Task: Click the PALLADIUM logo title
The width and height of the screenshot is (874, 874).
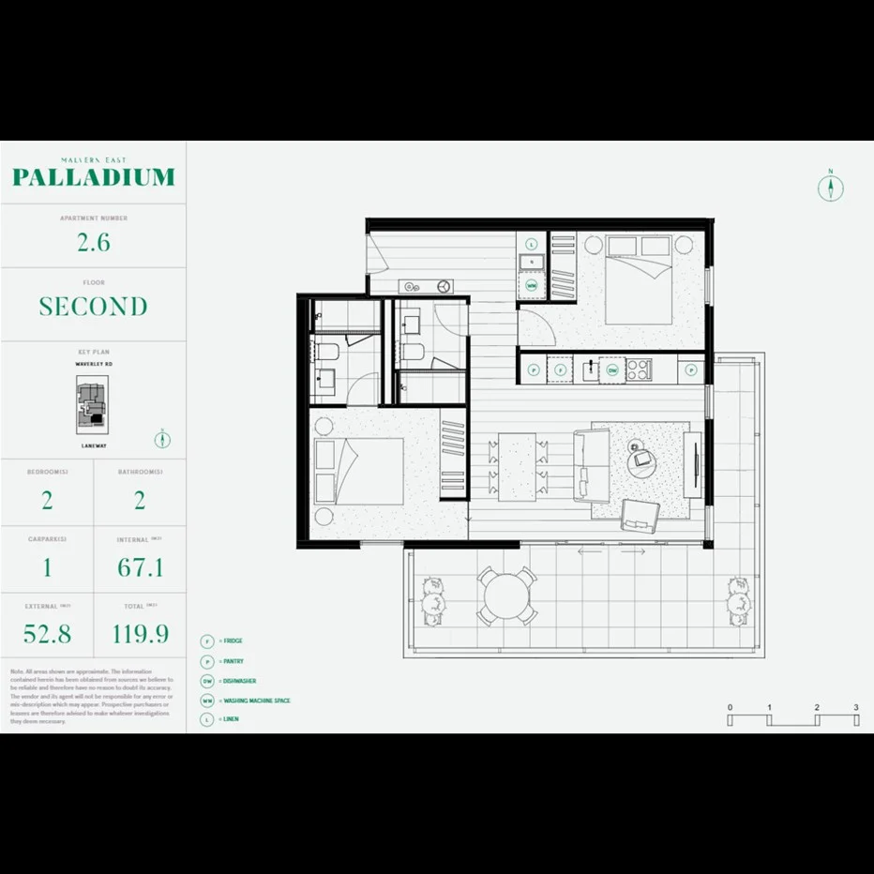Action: click(93, 176)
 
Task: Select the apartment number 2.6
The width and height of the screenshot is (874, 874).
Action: click(93, 242)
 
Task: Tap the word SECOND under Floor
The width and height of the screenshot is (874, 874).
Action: click(93, 307)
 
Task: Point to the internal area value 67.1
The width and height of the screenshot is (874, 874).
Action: click(140, 567)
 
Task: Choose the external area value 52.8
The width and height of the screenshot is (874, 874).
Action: click(47, 634)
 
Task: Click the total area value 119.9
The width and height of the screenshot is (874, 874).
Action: click(140, 634)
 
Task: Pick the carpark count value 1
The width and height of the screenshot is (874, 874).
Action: click(47, 567)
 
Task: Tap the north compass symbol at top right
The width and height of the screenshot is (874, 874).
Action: click(830, 188)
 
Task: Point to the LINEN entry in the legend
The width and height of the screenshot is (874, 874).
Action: click(229, 719)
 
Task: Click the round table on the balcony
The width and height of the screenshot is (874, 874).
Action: click(506, 596)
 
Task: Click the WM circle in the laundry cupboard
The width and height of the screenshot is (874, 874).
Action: click(532, 285)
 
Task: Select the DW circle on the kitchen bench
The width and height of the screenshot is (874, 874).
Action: click(611, 369)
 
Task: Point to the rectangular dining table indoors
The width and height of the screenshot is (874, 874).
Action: click(517, 466)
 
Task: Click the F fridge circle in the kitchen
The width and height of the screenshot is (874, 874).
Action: click(560, 369)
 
